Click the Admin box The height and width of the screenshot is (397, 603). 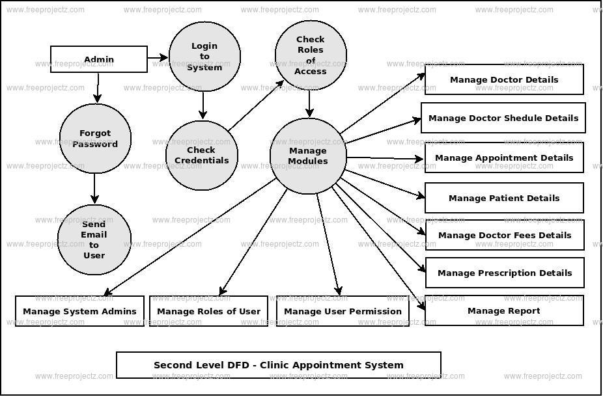99,59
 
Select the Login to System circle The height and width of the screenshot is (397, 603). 204,57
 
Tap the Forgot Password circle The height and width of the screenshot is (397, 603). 95,139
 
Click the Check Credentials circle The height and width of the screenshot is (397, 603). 201,155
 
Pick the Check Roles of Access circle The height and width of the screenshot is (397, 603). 311,55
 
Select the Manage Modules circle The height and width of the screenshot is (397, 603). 308,156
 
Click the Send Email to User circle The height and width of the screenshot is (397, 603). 94,240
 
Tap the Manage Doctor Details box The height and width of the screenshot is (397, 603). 504,79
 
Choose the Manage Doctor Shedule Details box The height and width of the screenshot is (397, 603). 503,118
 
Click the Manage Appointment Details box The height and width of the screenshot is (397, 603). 504,157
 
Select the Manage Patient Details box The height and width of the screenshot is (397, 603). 504,198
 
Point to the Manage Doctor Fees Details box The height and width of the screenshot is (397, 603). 505,235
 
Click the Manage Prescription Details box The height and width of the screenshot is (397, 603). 505,273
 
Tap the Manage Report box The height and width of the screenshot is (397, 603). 504,310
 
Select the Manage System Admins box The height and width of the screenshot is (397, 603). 79,311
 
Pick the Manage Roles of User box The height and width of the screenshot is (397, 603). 208,311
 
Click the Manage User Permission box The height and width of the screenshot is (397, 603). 343,311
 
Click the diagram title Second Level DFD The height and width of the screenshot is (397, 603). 279,365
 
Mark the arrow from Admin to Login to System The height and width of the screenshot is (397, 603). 158,58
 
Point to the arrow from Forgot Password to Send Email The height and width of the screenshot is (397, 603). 95,189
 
